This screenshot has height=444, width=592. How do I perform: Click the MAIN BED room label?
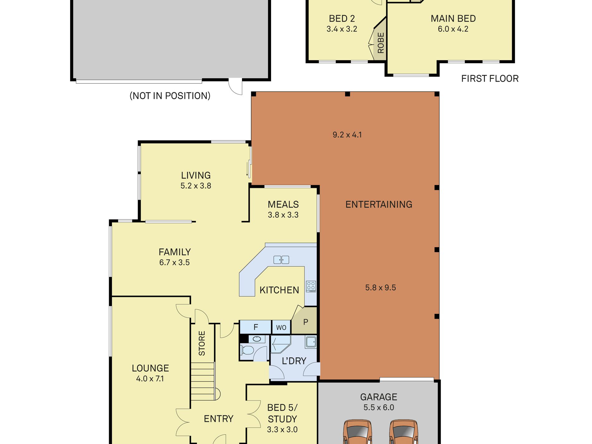(453, 19)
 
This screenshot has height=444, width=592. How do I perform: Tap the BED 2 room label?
(342, 19)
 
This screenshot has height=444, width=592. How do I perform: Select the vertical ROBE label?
(381, 43)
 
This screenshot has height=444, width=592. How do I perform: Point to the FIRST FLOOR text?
(490, 79)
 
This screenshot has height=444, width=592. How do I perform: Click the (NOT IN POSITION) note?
(170, 96)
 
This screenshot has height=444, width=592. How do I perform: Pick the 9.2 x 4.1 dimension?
(347, 135)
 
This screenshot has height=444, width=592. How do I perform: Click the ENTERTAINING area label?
(379, 204)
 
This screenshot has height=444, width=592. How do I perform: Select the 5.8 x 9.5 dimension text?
(380, 288)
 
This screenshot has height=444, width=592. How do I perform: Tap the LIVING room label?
(196, 175)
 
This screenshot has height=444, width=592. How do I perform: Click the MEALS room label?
(283, 204)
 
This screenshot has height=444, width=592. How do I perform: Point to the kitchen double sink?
(281, 260)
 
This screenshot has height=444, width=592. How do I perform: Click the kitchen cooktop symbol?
(311, 287)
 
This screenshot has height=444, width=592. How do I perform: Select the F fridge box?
(255, 327)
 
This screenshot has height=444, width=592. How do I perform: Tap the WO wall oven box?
(281, 327)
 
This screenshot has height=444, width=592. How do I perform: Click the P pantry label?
(306, 322)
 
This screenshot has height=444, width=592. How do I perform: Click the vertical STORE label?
(202, 343)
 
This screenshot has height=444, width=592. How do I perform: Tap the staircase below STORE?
(203, 381)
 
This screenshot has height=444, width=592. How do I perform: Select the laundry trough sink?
(311, 342)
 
